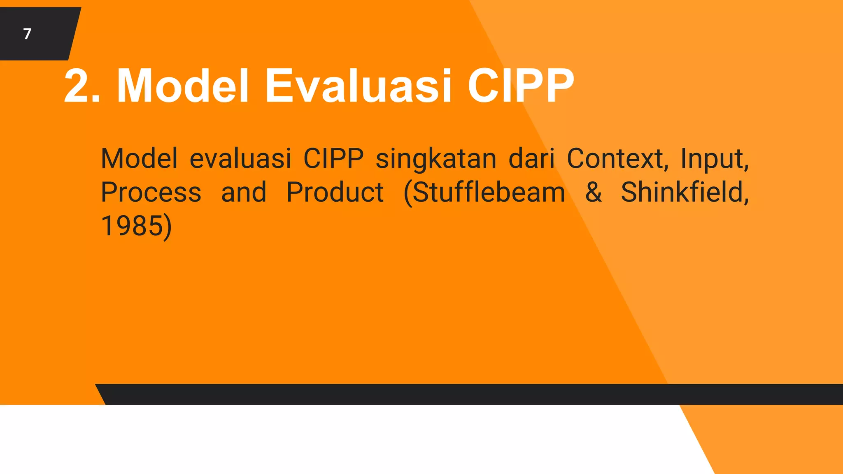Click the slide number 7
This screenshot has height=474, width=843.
point(27,34)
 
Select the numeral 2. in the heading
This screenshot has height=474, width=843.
point(82,86)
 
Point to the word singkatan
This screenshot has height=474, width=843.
point(436,159)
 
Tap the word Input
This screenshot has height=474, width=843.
point(714,158)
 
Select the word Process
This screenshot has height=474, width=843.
point(151,193)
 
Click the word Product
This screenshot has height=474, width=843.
point(335,192)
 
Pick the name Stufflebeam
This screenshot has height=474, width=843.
point(484,192)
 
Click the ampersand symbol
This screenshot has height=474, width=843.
point(593,192)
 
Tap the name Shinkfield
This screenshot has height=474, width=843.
point(684,192)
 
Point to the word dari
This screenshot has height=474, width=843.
point(532,158)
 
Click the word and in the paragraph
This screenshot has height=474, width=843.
point(244,192)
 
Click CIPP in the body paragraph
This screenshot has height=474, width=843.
point(333,158)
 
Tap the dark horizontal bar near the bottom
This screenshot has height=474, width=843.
point(453,394)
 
